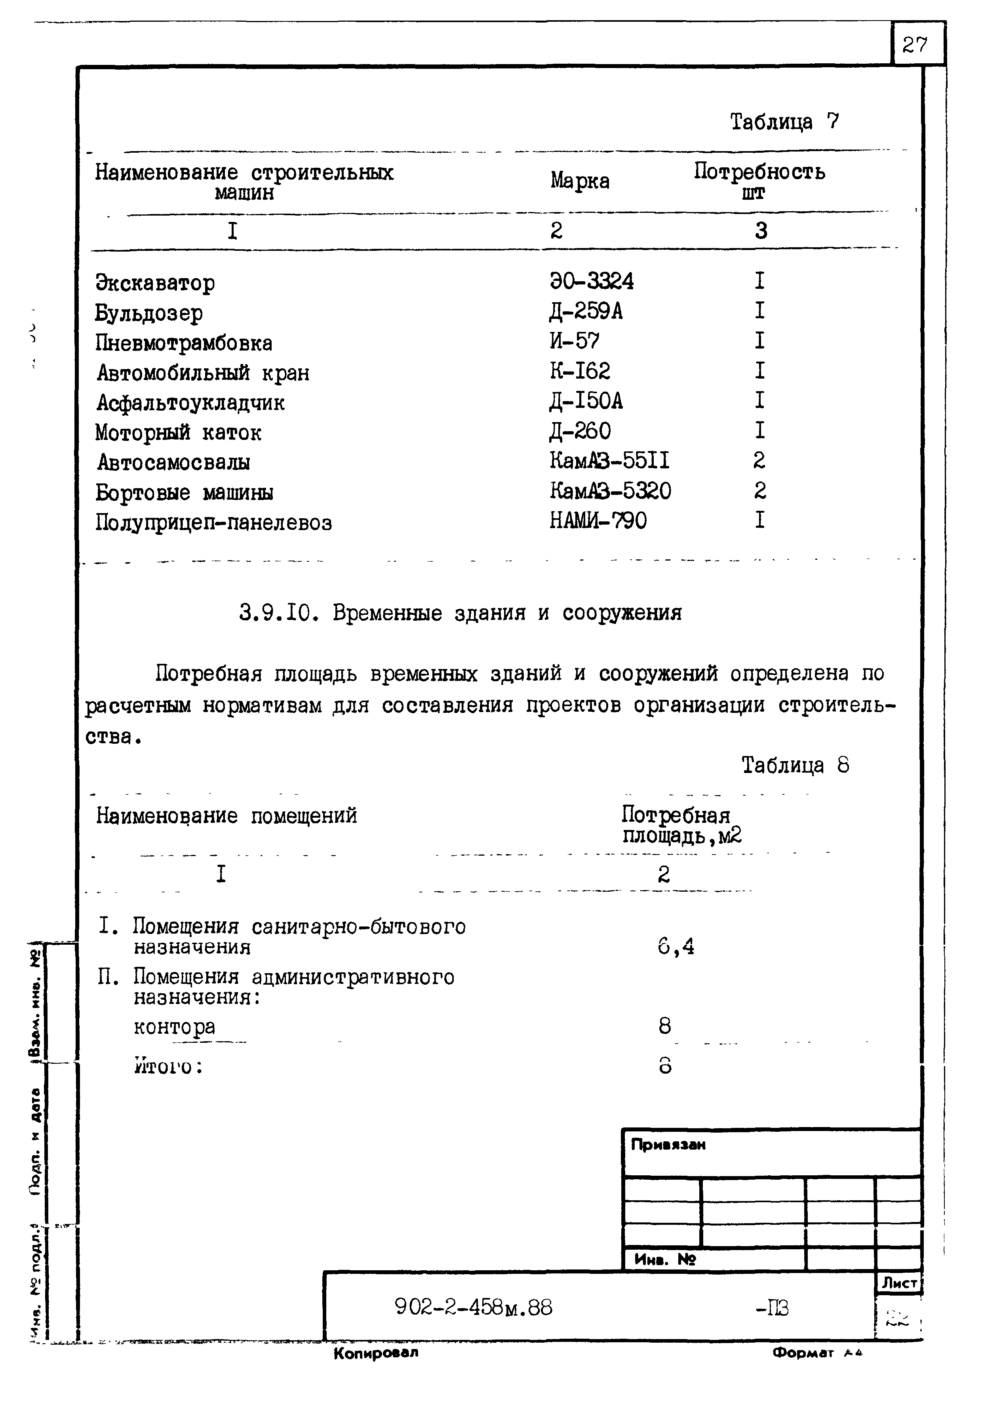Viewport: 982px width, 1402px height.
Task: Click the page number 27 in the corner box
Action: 914,45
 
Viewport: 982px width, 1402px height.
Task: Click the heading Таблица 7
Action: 785,122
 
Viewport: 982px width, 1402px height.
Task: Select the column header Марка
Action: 579,181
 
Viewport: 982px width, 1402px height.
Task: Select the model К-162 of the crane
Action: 579,371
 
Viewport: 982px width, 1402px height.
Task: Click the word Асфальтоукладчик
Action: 190,402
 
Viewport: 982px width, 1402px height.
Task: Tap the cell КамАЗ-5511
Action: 609,460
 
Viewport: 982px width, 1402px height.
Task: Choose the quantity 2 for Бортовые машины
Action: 759,490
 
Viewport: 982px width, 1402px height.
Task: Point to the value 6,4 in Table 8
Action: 676,947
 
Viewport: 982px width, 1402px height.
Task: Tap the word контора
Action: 175,1027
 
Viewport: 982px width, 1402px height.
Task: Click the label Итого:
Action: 168,1066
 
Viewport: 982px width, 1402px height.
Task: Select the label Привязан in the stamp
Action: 668,1145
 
